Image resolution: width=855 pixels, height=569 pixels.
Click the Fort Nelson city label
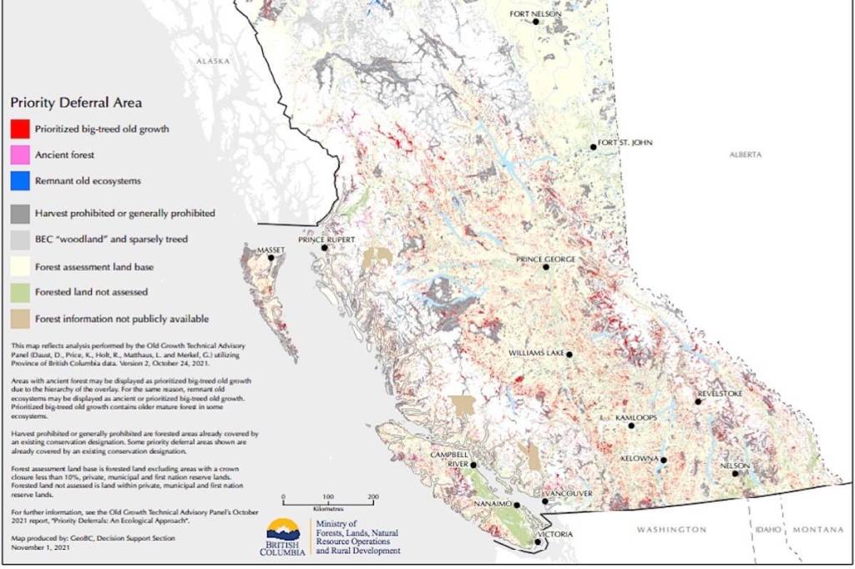(x=535, y=13)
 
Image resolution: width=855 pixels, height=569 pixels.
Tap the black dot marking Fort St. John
(x=594, y=147)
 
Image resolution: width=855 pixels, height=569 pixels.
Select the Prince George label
(x=545, y=259)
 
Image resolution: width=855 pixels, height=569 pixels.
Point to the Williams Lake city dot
(x=569, y=355)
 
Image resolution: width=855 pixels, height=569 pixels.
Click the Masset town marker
(x=271, y=258)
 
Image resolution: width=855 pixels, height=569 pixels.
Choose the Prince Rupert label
(x=326, y=239)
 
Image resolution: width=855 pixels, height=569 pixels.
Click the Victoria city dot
(x=537, y=542)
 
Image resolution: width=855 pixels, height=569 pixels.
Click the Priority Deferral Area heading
(x=75, y=103)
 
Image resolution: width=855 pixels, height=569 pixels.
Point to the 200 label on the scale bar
(x=372, y=496)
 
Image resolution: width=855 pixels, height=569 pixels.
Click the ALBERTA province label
(x=746, y=155)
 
